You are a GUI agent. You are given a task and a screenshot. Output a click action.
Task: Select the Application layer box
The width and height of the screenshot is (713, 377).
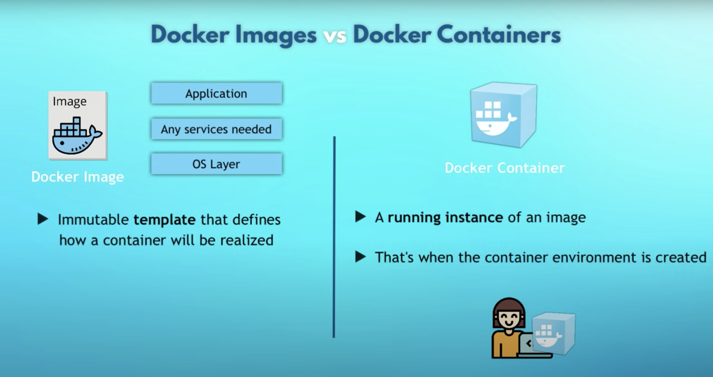coord(216,93)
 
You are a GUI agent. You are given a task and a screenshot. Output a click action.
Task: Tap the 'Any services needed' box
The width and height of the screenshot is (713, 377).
coord(216,129)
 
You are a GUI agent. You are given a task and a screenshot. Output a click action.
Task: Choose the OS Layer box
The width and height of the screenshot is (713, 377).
coord(216,164)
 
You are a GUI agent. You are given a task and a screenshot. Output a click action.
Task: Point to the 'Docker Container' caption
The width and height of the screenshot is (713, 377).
coord(505,168)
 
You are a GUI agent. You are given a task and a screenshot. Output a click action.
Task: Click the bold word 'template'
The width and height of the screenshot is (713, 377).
coord(165,220)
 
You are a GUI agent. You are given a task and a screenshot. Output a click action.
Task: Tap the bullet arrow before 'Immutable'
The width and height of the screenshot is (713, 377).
coord(43,219)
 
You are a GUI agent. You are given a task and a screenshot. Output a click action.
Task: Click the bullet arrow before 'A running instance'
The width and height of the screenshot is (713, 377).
coord(361,217)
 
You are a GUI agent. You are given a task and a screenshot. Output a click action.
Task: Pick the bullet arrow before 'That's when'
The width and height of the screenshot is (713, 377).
coord(361,257)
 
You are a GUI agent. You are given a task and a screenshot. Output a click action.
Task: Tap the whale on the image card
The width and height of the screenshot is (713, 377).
coord(77,136)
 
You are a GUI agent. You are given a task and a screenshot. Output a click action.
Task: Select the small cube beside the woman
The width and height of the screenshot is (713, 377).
coord(554,334)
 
